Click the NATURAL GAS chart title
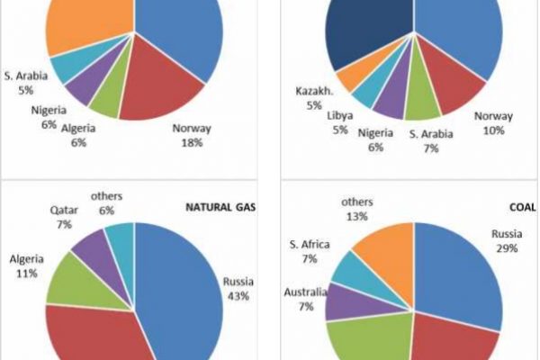[x=220, y=207]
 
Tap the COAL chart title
[x=521, y=207]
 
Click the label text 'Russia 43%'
[x=238, y=288]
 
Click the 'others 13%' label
[x=358, y=209]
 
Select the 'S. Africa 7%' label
[x=309, y=251]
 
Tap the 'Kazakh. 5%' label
[x=315, y=97]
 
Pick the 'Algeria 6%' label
[x=78, y=135]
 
